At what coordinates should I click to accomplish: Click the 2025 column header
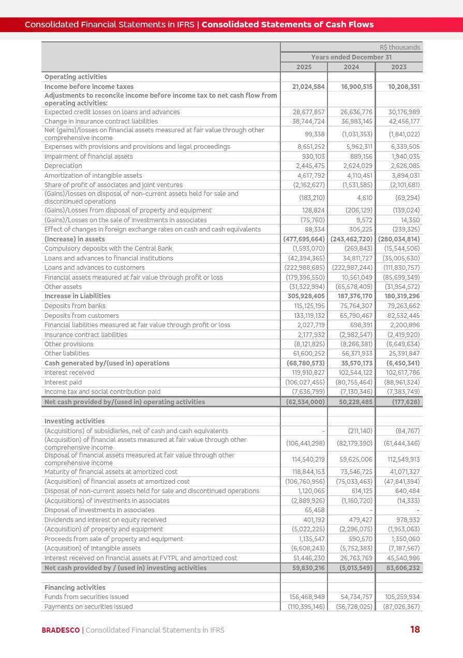pyautogui.click(x=304, y=67)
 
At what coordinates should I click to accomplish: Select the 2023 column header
pyautogui.click(x=399, y=67)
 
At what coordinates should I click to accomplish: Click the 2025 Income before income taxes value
pyautogui.click(x=308, y=87)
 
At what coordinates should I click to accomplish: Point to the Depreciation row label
pyautogui.click(x=63, y=166)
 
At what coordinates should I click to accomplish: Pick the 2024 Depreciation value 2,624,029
pyautogui.click(x=356, y=166)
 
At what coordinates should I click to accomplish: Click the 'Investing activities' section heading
pyautogui.click(x=74, y=421)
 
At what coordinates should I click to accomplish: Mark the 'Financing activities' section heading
pyautogui.click(x=75, y=587)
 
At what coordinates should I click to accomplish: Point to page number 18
pyautogui.click(x=415, y=630)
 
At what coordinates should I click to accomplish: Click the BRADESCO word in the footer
pyautogui.click(x=61, y=630)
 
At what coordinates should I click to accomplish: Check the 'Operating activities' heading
pyautogui.click(x=76, y=77)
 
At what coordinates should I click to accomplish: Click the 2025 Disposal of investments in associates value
pyautogui.click(x=315, y=510)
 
